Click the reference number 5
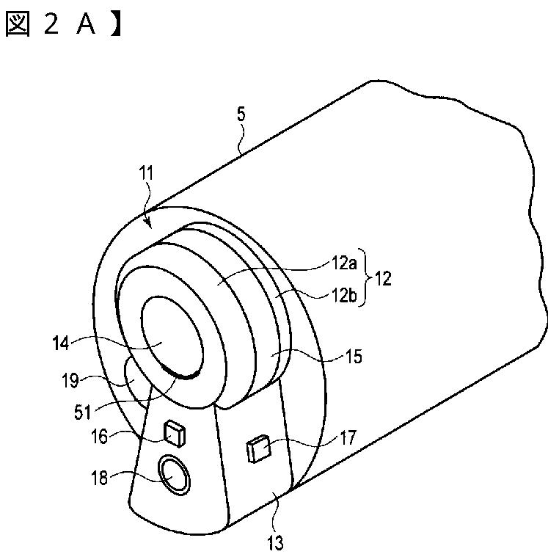click(241, 114)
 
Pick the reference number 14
click(63, 341)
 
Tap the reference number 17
click(346, 439)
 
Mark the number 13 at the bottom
click(274, 543)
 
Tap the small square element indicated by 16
click(175, 434)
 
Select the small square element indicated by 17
click(259, 448)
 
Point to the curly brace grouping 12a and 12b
click(362, 280)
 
